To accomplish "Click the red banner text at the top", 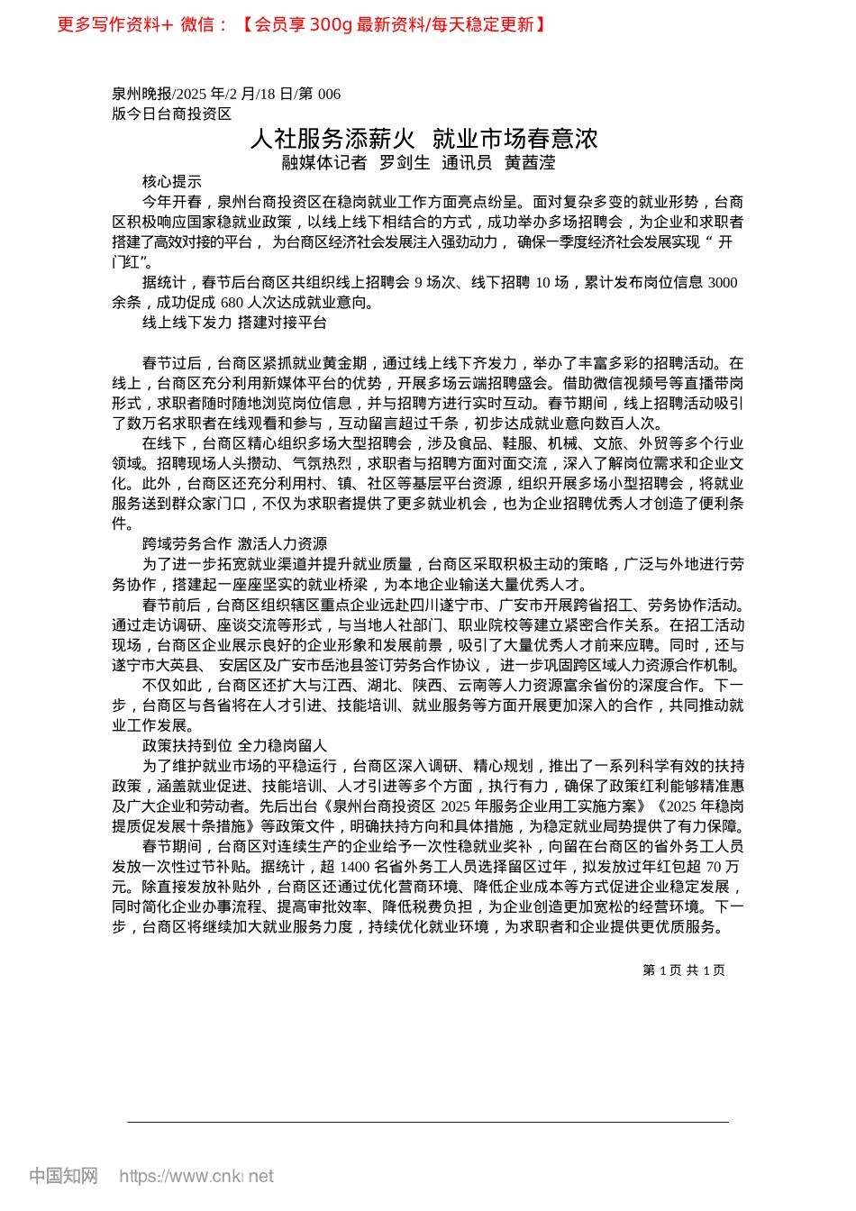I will (302, 24).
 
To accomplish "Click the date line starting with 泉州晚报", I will (226, 94).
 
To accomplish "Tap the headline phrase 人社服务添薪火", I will (332, 139).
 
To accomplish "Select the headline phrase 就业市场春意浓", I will (515, 139).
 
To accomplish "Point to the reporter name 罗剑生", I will (405, 163).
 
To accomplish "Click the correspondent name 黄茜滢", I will (530, 163).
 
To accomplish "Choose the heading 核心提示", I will (172, 182).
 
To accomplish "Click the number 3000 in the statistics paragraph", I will (723, 283).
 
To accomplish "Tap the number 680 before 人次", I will (232, 303).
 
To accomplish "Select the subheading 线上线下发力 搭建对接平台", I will (234, 323).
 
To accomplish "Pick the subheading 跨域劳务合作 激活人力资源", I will (234, 544).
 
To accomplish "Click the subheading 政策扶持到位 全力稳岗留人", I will (234, 746).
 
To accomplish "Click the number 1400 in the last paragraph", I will (356, 867).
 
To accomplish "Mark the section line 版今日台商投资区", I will (171, 114).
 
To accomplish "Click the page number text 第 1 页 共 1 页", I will (683, 970).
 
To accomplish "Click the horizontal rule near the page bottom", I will (428, 1122).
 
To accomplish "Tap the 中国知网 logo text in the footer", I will (63, 1176).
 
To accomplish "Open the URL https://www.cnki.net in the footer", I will (196, 1176).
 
